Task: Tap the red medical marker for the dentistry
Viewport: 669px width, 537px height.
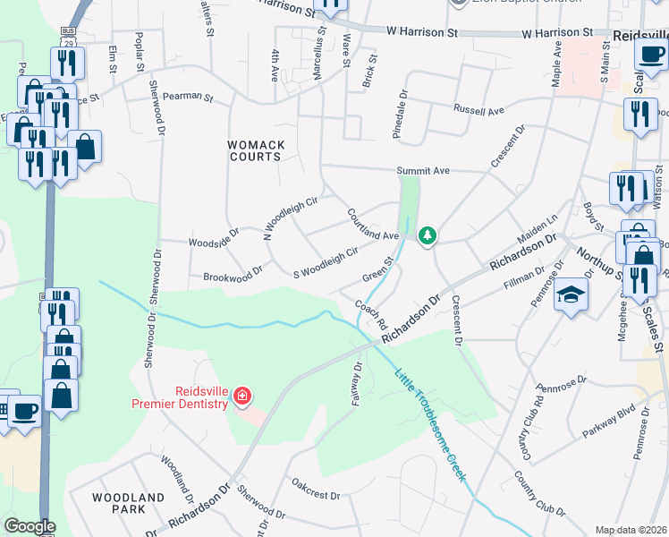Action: pyautogui.click(x=241, y=395)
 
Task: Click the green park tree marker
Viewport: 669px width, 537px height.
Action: pyautogui.click(x=428, y=235)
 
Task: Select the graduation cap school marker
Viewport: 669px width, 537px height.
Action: pyautogui.click(x=571, y=294)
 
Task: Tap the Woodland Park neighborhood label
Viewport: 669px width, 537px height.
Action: pyautogui.click(x=128, y=503)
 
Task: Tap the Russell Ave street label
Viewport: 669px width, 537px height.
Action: pyautogui.click(x=478, y=111)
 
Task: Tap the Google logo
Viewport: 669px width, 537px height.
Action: pyautogui.click(x=30, y=526)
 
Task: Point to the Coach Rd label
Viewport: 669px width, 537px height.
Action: pyautogui.click(x=369, y=312)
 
